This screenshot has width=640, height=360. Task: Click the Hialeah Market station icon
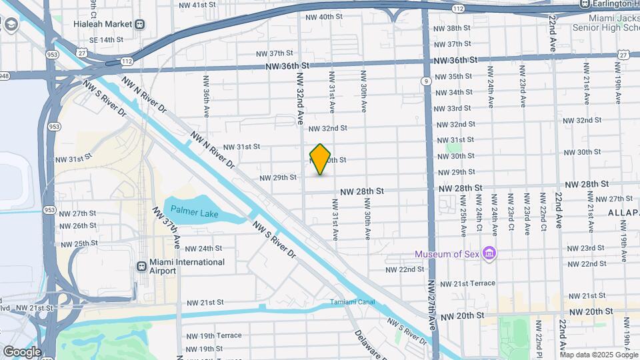pyautogui.click(x=140, y=24)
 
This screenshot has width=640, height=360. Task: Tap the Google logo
pyautogui.click(x=21, y=351)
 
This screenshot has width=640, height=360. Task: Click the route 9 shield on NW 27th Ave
pyautogui.click(x=425, y=81)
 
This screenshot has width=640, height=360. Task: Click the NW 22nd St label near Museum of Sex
pyautogui.click(x=405, y=269)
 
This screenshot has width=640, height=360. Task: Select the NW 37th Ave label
pyautogui.click(x=167, y=227)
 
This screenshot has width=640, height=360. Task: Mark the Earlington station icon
pyautogui.click(x=585, y=4)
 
